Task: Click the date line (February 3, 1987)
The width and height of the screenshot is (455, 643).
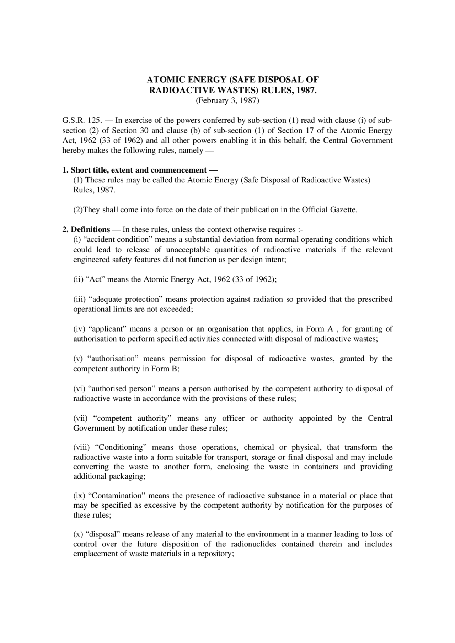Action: pos(227,100)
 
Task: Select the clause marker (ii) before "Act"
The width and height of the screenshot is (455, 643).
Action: pos(78,279)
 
